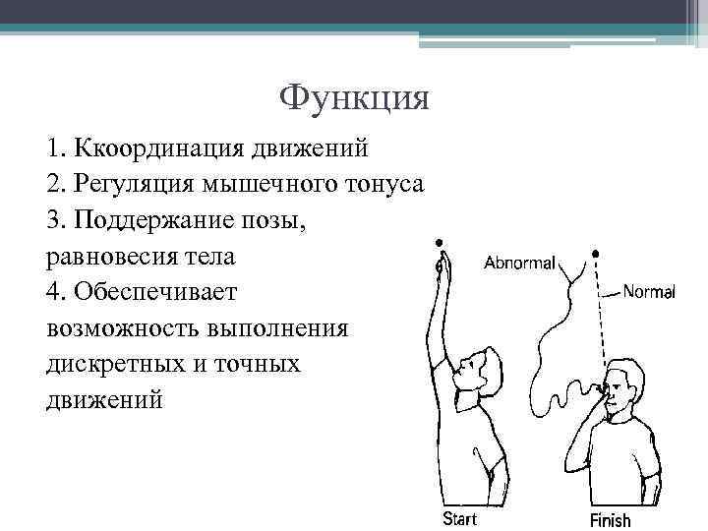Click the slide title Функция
(354, 98)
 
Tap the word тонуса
(383, 186)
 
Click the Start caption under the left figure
(461, 518)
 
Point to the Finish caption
(610, 519)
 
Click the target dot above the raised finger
(438, 243)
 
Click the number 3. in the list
(55, 221)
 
